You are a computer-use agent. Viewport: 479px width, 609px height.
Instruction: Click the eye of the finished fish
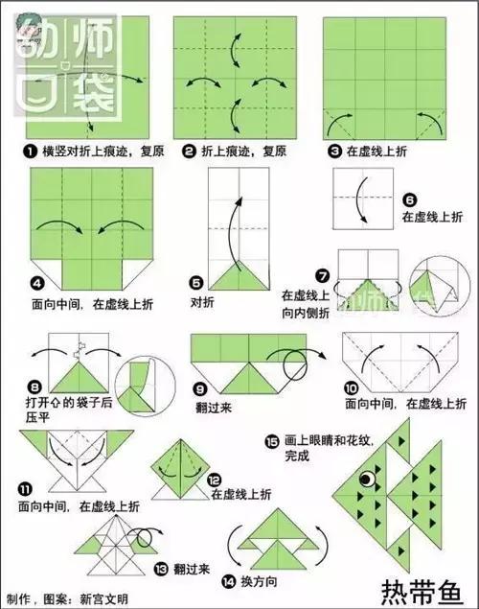(365, 478)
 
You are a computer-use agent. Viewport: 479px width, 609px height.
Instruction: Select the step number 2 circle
(190, 152)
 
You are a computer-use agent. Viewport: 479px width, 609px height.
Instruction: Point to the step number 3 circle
(334, 152)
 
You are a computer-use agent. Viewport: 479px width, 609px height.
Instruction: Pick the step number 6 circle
(409, 200)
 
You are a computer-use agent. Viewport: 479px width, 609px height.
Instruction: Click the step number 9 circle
(200, 390)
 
